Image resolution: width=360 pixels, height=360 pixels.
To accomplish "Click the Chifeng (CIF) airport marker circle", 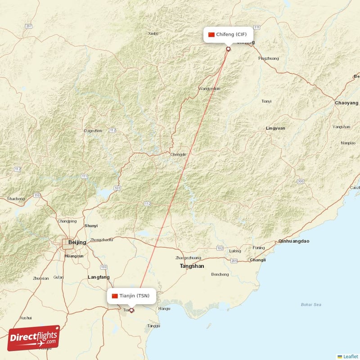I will [228, 49].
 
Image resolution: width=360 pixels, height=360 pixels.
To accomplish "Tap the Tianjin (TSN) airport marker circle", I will [132, 310].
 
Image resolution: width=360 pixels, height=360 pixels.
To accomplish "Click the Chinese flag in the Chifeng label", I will [211, 35].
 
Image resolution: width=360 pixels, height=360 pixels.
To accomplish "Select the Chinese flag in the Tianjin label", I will [115, 296].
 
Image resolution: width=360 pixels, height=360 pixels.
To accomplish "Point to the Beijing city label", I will [77, 242].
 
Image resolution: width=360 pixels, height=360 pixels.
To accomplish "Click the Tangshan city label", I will [192, 266].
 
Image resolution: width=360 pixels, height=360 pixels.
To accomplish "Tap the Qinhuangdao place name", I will [294, 241].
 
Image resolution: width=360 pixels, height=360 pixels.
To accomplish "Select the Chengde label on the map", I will [178, 154].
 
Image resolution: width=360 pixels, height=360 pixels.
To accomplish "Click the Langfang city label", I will [99, 277].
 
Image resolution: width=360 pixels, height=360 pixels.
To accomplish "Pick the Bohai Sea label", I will [311, 305].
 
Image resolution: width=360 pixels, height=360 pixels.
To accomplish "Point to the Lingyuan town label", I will [275, 128].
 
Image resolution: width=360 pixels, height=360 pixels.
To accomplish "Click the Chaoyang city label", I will [346, 103].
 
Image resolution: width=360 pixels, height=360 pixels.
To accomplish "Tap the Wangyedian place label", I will [209, 89].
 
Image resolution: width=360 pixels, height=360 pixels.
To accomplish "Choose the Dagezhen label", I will [93, 130].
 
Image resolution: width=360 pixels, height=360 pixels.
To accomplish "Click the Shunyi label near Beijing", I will [90, 226].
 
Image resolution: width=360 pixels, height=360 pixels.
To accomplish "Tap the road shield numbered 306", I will [300, 181].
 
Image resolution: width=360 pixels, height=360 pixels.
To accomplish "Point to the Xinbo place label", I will [153, 33].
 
